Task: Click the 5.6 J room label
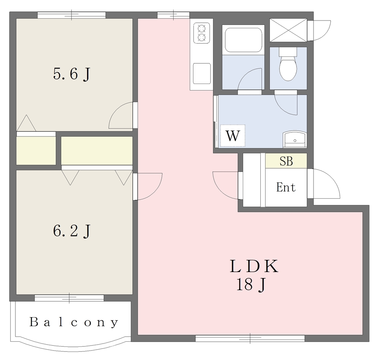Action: [x=71, y=74]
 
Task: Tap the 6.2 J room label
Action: [x=71, y=231]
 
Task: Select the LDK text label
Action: [x=254, y=266]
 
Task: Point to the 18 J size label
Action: [x=251, y=284]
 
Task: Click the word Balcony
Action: [x=74, y=322]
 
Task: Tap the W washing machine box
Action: [x=233, y=136]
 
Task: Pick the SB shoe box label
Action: [x=286, y=161]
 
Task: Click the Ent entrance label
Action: [x=286, y=187]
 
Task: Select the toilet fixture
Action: [x=288, y=64]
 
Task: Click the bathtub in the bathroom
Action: [x=244, y=40]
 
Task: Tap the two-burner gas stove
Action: [x=202, y=33]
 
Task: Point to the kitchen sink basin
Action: [x=202, y=73]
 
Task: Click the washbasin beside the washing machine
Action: [x=295, y=139]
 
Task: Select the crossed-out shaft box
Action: [x=288, y=30]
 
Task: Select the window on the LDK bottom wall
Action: [x=250, y=338]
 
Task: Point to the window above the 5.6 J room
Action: [x=71, y=15]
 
